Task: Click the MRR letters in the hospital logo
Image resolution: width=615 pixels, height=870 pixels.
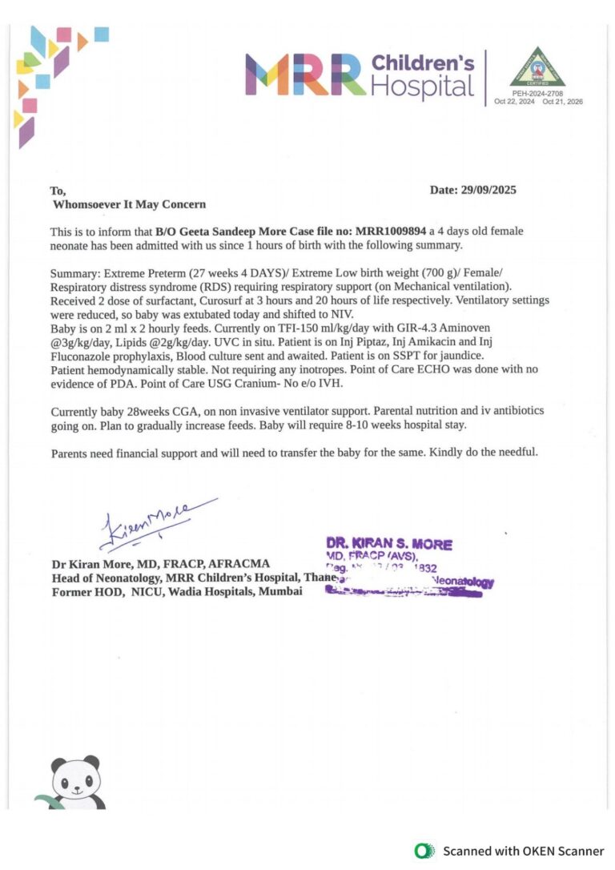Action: tap(305, 75)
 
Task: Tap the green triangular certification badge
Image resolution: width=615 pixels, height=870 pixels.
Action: tap(537, 68)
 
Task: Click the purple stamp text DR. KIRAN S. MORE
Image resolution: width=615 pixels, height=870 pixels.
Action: tap(388, 545)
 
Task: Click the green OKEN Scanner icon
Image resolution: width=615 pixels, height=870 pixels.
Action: tap(424, 851)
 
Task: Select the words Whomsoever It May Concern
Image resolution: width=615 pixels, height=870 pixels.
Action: tap(129, 204)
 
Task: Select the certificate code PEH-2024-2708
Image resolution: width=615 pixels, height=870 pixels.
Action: tap(537, 94)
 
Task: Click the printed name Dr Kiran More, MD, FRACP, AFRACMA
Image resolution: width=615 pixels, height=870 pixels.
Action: tap(160, 564)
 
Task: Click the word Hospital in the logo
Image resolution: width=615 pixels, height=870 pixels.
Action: tap(423, 87)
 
